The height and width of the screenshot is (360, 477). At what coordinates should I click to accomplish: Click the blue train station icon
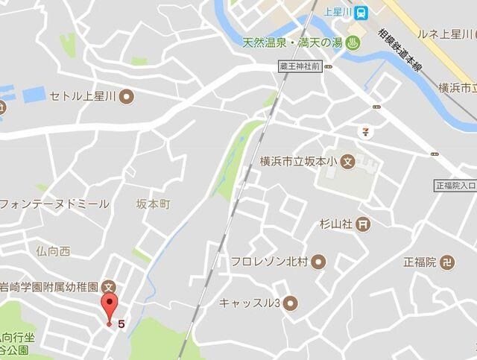pyautogui.click(x=361, y=11)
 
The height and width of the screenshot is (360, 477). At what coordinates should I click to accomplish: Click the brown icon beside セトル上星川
pyautogui.click(x=127, y=96)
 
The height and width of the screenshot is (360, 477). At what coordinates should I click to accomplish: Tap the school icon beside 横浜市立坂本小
pyautogui.click(x=349, y=161)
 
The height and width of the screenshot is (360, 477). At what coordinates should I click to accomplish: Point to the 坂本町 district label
pyautogui.click(x=154, y=203)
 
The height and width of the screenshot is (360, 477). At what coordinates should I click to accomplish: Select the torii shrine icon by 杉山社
pyautogui.click(x=362, y=222)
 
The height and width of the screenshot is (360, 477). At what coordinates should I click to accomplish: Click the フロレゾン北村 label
pyautogui.click(x=269, y=262)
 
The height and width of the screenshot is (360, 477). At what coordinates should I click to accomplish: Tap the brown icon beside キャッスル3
pyautogui.click(x=290, y=303)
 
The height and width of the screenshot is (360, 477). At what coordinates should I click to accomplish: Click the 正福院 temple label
pyautogui.click(x=419, y=262)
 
